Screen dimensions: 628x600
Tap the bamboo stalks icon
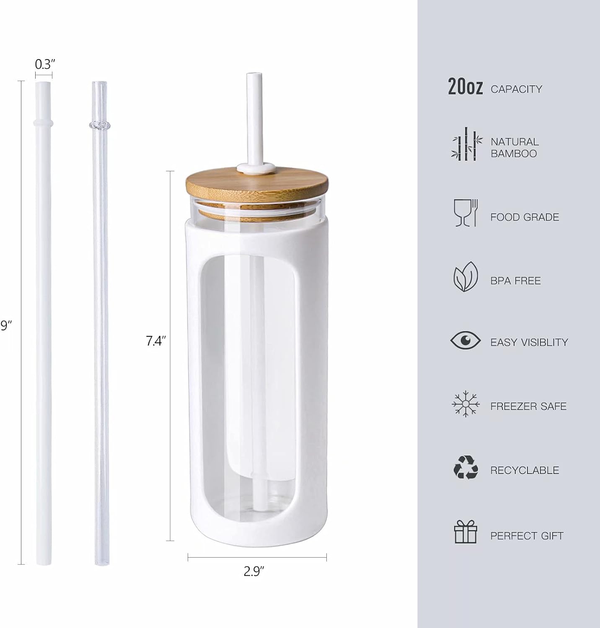click(465, 144)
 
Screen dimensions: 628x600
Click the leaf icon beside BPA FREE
click(466, 277)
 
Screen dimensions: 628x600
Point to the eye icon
click(466, 340)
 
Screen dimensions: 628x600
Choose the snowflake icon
click(466, 404)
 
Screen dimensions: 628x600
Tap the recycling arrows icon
click(466, 467)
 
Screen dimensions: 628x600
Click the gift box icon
click(466, 532)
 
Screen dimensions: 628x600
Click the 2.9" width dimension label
click(255, 571)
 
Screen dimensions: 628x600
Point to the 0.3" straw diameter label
click(45, 64)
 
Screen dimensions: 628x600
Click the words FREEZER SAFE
click(528, 406)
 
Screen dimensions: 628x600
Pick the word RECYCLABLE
click(525, 470)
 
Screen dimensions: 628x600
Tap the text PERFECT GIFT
click(527, 535)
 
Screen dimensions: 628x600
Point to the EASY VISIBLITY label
click(529, 342)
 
